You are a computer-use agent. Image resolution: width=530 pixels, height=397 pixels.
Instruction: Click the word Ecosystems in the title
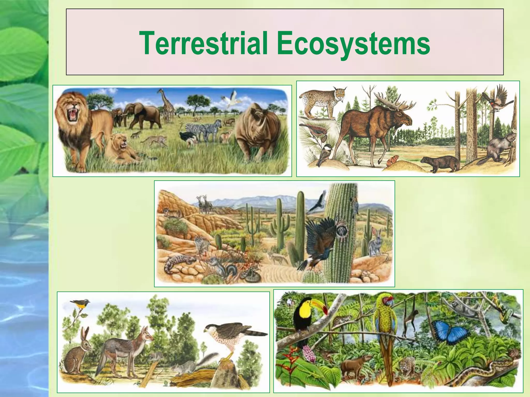click(354, 43)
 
